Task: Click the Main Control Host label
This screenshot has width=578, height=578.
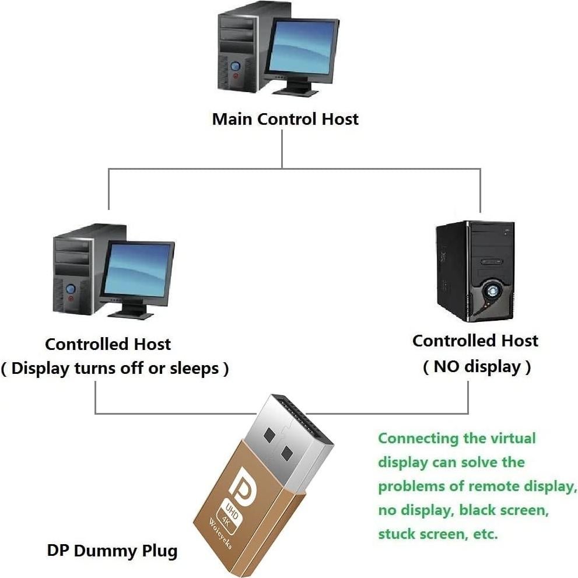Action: coord(285,119)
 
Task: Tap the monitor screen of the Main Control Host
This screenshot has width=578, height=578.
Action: coord(302,48)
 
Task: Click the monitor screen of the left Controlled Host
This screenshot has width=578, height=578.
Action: coord(138,270)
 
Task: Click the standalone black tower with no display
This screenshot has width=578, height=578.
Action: coord(475,271)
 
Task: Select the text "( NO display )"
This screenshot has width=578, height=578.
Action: coord(477,367)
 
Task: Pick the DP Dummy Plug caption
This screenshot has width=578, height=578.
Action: coord(112,550)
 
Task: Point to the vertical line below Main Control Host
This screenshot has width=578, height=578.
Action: coord(282,149)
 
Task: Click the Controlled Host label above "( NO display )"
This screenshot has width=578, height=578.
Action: coord(475,341)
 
